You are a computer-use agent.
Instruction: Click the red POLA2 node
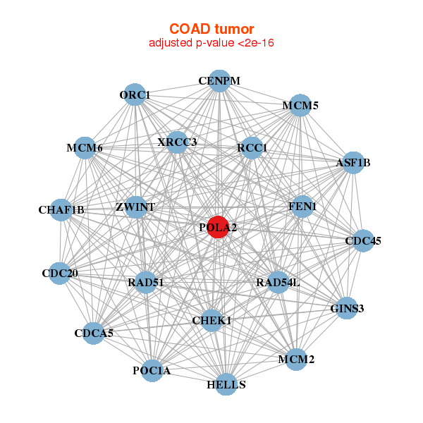(218, 228)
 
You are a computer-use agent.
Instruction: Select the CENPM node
(219, 81)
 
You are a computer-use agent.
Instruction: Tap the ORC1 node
(135, 94)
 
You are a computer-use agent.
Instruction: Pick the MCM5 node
(300, 106)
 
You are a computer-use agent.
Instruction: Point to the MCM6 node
(85, 148)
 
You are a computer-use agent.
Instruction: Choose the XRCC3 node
(177, 142)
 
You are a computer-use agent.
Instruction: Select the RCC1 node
(252, 147)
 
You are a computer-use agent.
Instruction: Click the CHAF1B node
(61, 209)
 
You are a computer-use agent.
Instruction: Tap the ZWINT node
(135, 207)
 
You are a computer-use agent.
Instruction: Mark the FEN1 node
(302, 206)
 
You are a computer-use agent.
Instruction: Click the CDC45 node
(363, 241)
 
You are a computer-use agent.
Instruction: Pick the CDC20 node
(59, 273)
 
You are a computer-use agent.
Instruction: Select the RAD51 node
(146, 283)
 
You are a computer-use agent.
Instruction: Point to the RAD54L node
(278, 283)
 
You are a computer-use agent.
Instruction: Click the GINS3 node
(346, 308)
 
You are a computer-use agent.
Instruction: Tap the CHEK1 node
(212, 321)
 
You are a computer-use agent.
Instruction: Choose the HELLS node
(226, 384)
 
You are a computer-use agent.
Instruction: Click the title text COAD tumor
(211, 29)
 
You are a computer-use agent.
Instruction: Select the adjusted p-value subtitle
(211, 43)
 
